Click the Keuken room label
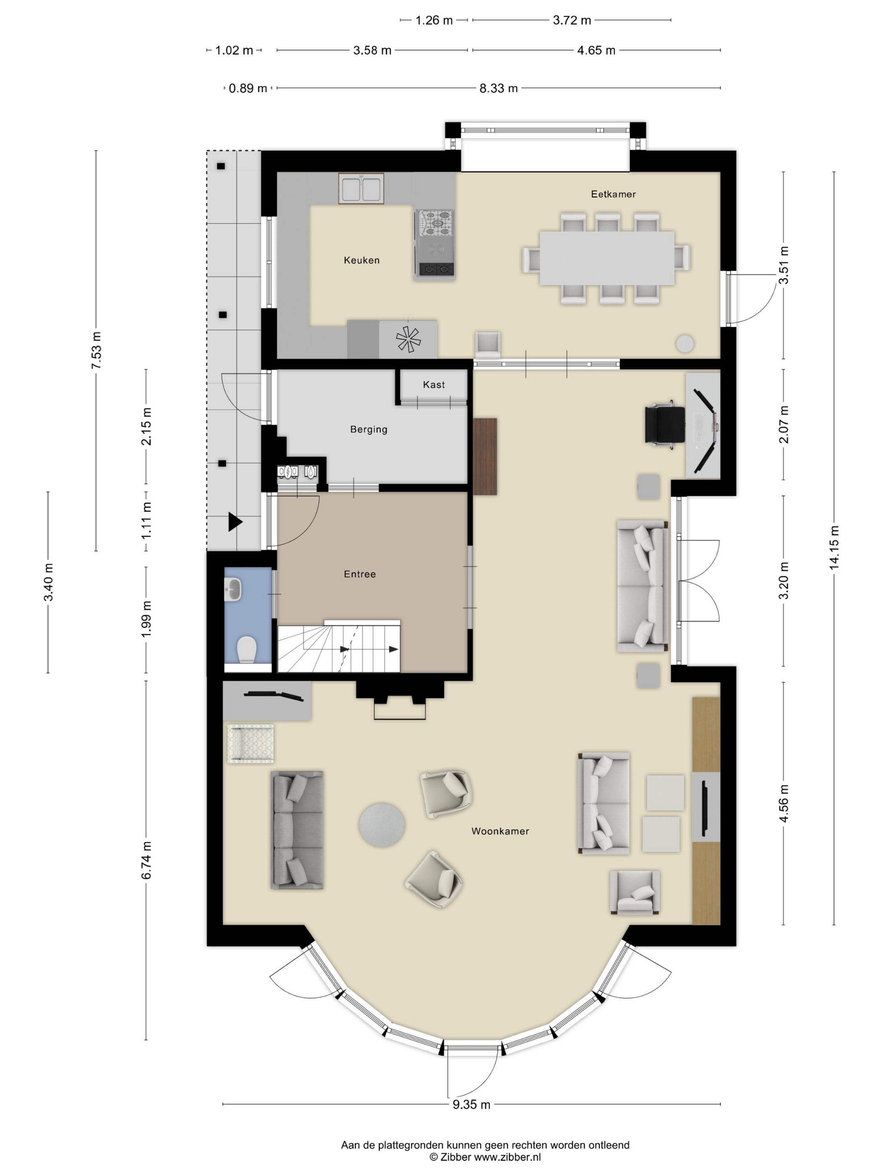(362, 260)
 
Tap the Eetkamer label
(613, 194)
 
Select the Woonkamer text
(500, 831)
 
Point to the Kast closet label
(434, 384)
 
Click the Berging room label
(368, 430)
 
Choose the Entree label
(360, 574)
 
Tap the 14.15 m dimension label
(834, 548)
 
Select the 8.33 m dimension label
(498, 88)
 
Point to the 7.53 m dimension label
(96, 350)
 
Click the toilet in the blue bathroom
(247, 650)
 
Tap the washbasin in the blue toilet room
(233, 590)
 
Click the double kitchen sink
(361, 189)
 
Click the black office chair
(664, 424)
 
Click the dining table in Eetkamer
(606, 258)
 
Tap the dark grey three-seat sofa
(297, 830)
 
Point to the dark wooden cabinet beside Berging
(485, 457)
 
